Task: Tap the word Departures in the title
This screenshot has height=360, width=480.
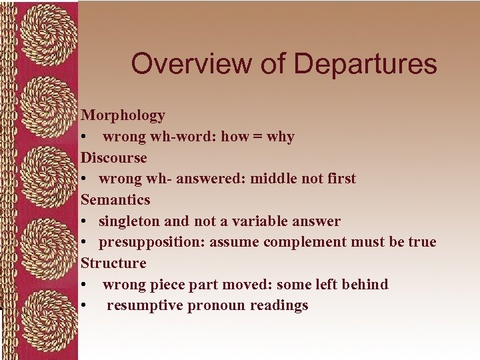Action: [x=365, y=64]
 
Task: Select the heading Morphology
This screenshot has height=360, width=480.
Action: [x=123, y=115]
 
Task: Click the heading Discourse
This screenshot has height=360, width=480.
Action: [x=113, y=157]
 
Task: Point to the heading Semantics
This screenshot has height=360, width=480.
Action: [x=115, y=199]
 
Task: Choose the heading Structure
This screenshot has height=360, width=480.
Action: [x=113, y=263]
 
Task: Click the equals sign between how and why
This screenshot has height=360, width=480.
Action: [x=257, y=137]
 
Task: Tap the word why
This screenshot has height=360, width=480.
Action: [x=280, y=137]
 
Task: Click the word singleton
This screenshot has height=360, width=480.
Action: [x=129, y=221]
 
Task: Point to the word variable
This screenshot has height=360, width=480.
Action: [x=259, y=221]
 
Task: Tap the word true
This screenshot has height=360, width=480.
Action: [x=422, y=242]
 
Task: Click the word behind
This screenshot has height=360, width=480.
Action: [x=365, y=284]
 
